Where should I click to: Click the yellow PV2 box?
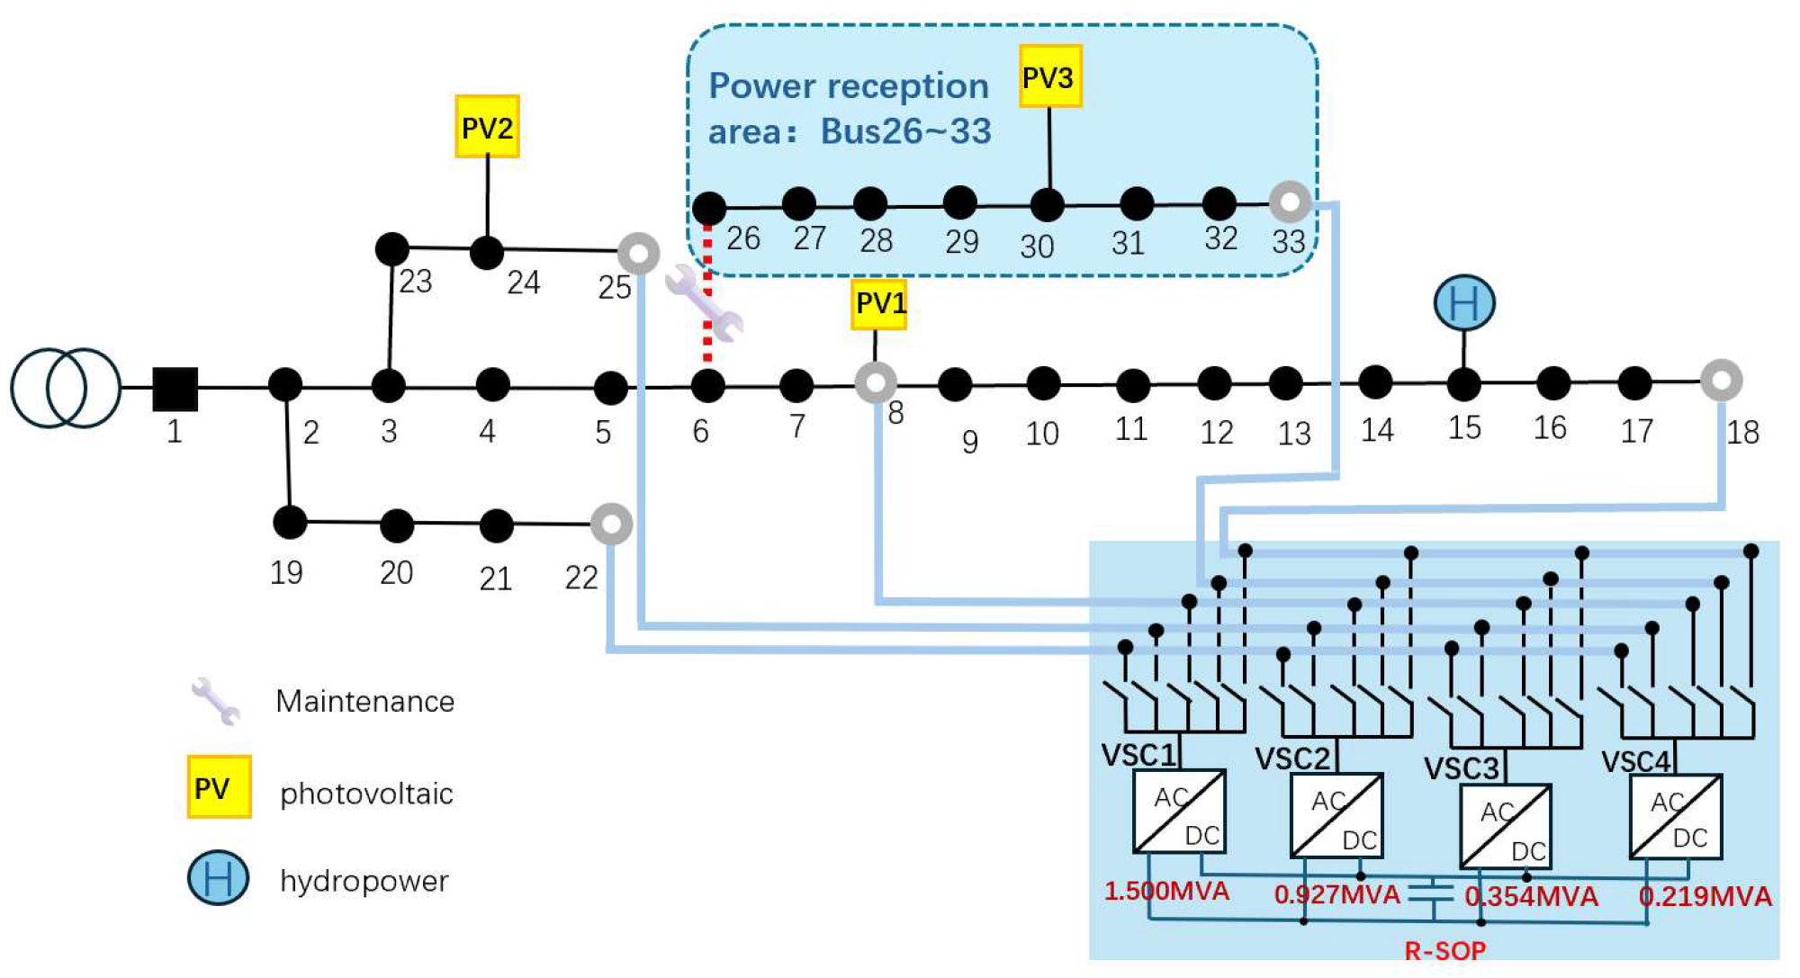pyautogui.click(x=487, y=127)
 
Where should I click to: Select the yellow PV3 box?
pyautogui.click(x=1049, y=76)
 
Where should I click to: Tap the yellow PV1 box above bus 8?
pyautogui.click(x=878, y=304)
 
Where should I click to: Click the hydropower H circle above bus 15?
pyautogui.click(x=1464, y=303)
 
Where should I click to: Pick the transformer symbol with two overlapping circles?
pyautogui.click(x=66, y=388)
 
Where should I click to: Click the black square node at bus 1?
pyautogui.click(x=175, y=389)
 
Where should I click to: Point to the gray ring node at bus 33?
pyautogui.click(x=1290, y=202)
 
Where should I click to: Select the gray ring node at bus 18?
pyautogui.click(x=1721, y=381)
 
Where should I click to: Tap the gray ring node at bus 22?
pyautogui.click(x=611, y=524)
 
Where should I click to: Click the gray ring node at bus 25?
pyautogui.click(x=639, y=254)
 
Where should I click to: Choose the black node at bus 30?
pyautogui.click(x=1047, y=205)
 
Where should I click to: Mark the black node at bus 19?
pyautogui.click(x=289, y=522)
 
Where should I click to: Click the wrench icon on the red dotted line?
pyautogui.click(x=705, y=304)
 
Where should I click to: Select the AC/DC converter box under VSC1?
pyautogui.click(x=1179, y=811)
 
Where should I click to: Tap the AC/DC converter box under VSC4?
pyautogui.click(x=1676, y=816)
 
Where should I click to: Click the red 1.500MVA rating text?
pyautogui.click(x=1166, y=892)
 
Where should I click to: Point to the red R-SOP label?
pyautogui.click(x=1445, y=950)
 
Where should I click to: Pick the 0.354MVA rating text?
pyautogui.click(x=1532, y=896)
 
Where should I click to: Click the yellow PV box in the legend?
pyautogui.click(x=219, y=787)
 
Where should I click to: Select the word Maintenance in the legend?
pyautogui.click(x=364, y=701)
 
